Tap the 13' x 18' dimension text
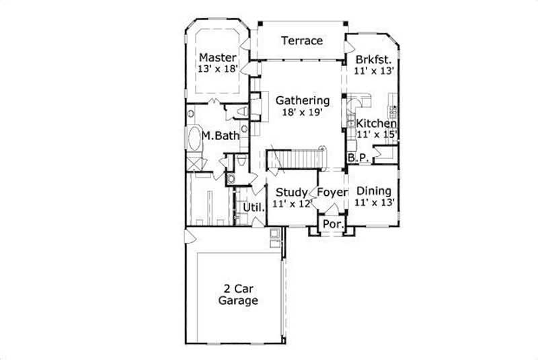[217, 69]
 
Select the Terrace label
[301, 40]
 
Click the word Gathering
[303, 101]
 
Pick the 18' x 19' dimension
[303, 113]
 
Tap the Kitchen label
[376, 124]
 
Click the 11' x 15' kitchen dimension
[377, 135]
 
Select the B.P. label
[357, 158]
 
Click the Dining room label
[374, 190]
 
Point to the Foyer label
[332, 192]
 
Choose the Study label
[291, 192]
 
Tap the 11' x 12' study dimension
[291, 204]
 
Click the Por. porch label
[331, 223]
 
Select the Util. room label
[253, 207]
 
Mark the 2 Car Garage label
[237, 294]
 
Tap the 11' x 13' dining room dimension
[374, 201]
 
